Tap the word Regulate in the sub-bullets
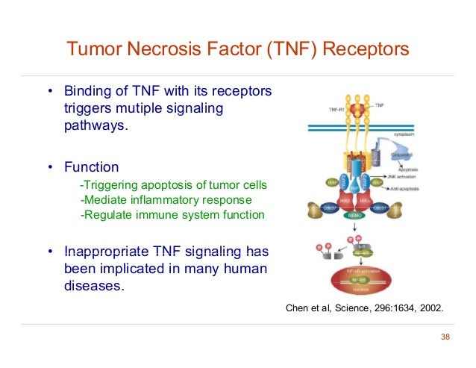click(106, 215)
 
